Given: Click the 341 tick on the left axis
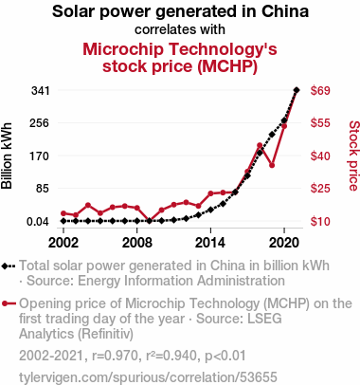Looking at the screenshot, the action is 41,91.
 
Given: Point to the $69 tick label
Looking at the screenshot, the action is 320,91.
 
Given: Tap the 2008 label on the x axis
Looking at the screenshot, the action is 137,243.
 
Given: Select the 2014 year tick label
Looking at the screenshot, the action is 210,243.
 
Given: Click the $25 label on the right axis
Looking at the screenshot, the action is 320,189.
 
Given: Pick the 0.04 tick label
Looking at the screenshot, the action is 38,222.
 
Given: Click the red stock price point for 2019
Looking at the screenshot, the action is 272,165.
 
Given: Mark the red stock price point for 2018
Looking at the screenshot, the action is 260,145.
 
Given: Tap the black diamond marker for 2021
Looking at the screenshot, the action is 297,90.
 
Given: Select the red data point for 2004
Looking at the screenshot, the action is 88,205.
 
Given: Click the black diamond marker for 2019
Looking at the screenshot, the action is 272,135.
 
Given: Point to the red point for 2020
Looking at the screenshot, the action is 284,126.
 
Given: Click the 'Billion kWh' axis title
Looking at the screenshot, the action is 7,156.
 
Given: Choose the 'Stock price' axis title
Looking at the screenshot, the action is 353,156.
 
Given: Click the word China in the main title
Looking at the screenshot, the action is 285,11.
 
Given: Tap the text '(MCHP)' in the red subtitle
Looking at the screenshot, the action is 227,66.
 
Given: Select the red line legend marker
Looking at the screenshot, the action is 9,303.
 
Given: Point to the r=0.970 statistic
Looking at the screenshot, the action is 115,356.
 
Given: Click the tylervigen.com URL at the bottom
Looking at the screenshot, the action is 148,377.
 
